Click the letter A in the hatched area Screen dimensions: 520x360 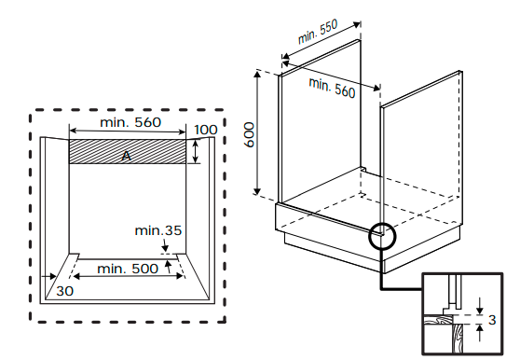[x=126, y=156]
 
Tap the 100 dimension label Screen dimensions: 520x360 [x=206, y=130]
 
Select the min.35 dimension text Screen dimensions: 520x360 [x=158, y=230]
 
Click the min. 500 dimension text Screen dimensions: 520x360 [x=128, y=269]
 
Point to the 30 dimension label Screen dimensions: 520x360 [x=64, y=291]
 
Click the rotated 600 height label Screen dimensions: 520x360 [x=249, y=134]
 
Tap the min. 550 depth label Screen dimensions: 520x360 [x=318, y=32]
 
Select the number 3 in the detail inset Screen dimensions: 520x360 [x=492, y=320]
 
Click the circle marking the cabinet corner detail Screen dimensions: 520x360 [x=382, y=236]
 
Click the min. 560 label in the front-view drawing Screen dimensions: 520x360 [x=130, y=122]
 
